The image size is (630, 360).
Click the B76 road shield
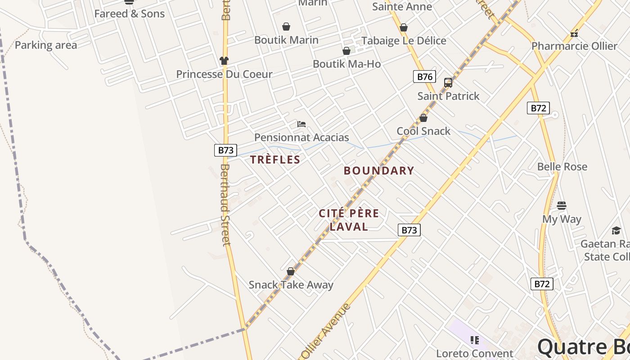[x=424, y=76]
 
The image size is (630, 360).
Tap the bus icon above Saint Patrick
[x=448, y=83]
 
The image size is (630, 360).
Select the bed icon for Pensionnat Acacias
[x=301, y=124]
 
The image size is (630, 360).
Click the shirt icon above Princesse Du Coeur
[x=224, y=60]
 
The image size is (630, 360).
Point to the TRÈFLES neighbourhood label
[x=275, y=160]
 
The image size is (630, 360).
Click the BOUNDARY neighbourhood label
[x=379, y=171]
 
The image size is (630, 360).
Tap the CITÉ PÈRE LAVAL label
[x=349, y=220]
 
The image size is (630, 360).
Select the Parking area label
[x=46, y=45]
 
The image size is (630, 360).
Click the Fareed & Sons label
[x=130, y=14]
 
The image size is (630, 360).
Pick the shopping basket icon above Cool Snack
[x=423, y=118]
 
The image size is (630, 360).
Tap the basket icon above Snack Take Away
[x=291, y=271]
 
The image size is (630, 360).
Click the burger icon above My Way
[x=562, y=206]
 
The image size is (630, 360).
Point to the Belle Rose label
[x=562, y=167]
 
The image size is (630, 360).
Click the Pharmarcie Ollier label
[x=574, y=46]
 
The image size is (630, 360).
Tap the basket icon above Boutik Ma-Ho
[x=346, y=51]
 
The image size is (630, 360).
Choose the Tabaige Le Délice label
[x=404, y=41]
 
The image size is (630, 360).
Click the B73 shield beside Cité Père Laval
[x=409, y=230]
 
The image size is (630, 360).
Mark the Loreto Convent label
[x=475, y=354]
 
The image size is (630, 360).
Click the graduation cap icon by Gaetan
[x=616, y=230]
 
